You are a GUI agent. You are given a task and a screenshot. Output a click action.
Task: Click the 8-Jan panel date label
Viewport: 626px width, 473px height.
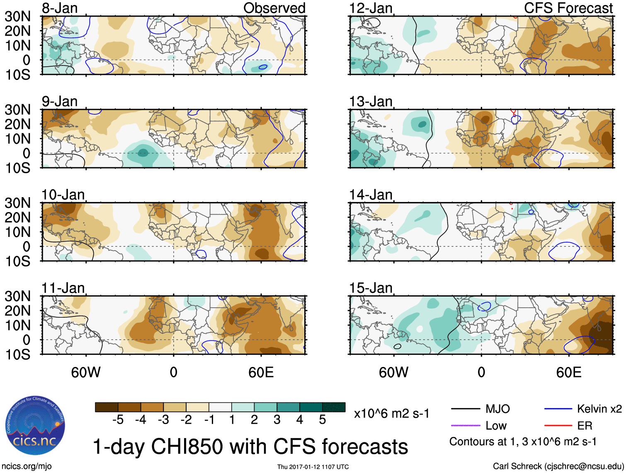point(60,8)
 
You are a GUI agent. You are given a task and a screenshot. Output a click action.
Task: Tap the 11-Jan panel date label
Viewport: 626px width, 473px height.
point(63,288)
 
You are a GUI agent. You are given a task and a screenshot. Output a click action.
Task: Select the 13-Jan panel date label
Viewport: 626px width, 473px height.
point(371,101)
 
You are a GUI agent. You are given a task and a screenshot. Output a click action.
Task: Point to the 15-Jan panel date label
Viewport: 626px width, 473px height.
point(371,288)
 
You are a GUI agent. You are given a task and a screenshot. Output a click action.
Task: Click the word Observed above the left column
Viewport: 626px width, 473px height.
point(274,8)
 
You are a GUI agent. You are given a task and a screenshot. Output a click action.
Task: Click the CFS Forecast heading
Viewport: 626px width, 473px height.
point(568,8)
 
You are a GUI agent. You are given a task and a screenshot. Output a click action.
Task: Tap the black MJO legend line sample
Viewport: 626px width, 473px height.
point(465,409)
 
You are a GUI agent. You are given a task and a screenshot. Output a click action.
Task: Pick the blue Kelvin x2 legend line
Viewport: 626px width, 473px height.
point(558,409)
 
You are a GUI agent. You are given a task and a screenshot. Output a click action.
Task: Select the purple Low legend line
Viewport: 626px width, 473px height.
point(465,425)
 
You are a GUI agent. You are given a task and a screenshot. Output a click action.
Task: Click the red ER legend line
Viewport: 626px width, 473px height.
point(558,425)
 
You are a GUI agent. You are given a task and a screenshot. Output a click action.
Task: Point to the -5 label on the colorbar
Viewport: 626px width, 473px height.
point(118,420)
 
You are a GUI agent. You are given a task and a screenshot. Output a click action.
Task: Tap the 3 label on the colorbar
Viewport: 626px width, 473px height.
point(277,420)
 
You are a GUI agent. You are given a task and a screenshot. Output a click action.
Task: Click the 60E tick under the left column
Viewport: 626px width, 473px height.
point(261,372)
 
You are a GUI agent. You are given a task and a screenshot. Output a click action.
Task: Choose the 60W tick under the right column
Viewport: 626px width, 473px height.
point(393,372)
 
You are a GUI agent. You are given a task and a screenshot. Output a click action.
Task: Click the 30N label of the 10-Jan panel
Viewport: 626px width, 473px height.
point(17,203)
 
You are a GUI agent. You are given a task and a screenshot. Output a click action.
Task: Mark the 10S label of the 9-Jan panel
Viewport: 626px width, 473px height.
point(17,168)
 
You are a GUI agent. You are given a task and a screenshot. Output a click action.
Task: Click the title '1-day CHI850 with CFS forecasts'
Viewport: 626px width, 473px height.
point(250,447)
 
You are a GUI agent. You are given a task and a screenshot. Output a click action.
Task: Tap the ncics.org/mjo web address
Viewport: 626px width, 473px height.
point(27,466)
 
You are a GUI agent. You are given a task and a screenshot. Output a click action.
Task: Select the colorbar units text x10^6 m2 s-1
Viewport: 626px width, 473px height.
point(391,413)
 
